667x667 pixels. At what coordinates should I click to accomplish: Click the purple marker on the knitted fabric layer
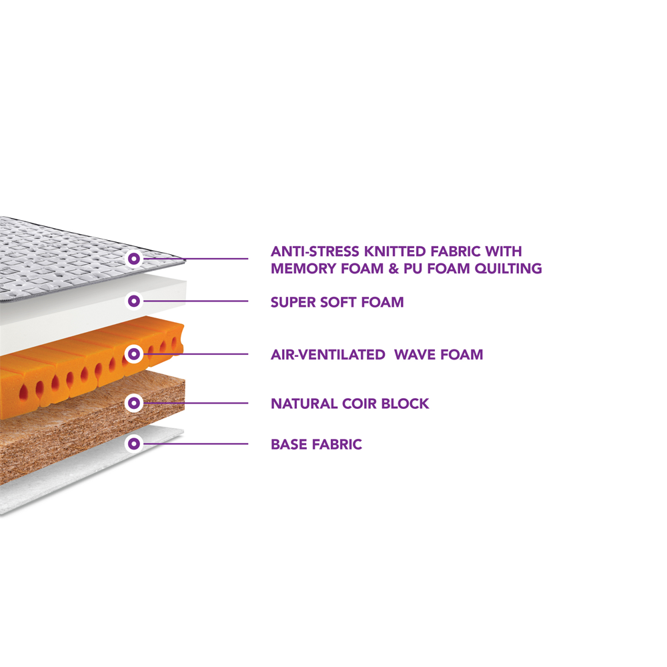(134, 258)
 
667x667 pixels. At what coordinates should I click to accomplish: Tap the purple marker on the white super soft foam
(134, 301)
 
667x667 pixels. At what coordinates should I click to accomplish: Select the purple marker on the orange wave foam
(134, 354)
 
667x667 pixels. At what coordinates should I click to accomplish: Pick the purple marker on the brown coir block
(134, 403)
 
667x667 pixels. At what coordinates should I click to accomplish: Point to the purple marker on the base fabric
(134, 443)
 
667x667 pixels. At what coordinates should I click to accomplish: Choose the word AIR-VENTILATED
(328, 354)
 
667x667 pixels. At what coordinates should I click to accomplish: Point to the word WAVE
(415, 354)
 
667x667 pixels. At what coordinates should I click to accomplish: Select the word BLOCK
(405, 404)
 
